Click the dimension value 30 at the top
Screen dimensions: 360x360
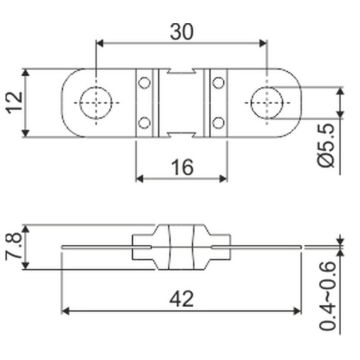182,32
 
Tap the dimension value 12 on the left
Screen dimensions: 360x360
15,102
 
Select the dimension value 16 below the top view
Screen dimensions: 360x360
182,167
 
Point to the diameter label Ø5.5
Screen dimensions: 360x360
326,145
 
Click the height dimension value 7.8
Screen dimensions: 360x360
14,246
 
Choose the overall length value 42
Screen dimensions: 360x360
181,299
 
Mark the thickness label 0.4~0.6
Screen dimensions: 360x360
327,296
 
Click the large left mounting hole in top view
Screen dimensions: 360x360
97,102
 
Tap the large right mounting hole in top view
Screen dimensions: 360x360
267,102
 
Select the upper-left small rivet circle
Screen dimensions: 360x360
144,83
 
